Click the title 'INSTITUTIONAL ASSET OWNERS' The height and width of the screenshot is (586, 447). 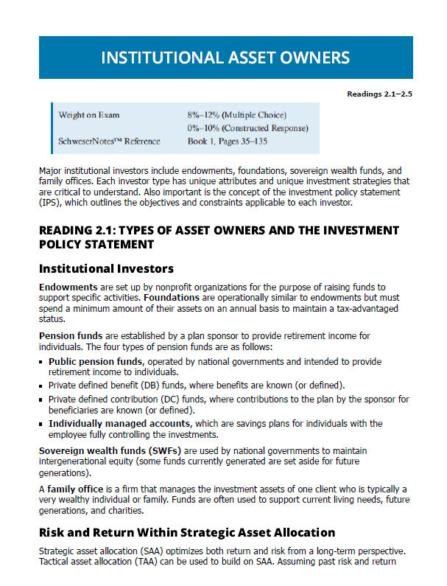225,57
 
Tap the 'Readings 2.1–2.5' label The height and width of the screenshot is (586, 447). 379,94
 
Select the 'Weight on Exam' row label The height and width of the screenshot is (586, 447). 89,115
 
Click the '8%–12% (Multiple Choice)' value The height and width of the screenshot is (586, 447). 236,115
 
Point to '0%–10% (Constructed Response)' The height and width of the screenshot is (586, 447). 247,128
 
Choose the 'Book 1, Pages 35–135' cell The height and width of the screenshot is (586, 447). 229,140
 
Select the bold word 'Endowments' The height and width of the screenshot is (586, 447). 68,286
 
